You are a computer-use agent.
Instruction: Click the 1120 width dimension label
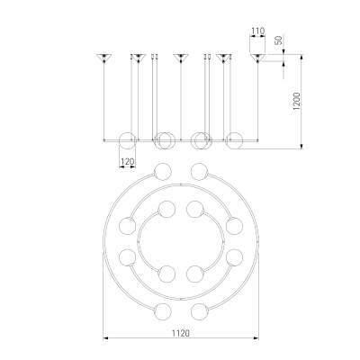[x=181, y=333]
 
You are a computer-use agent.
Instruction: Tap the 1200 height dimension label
[x=297, y=102]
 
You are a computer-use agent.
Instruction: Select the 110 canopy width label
[x=257, y=31]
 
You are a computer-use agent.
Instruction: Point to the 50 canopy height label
[x=279, y=40]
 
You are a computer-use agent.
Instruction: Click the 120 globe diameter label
[x=127, y=162]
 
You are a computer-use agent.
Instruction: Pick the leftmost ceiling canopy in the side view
[x=103, y=58]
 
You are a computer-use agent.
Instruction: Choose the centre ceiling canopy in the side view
[x=181, y=58]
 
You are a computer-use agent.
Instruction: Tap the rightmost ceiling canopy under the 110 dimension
[x=257, y=58]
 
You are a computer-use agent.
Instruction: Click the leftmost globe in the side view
[x=128, y=140]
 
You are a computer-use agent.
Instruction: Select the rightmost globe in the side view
[x=234, y=140]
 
